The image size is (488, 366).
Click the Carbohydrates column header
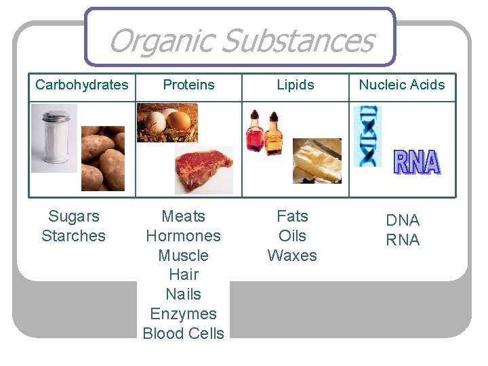(81, 85)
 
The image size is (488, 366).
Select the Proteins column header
(188, 85)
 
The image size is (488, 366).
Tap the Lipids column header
(296, 85)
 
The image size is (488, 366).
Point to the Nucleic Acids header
(402, 85)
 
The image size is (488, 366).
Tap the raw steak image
(203, 169)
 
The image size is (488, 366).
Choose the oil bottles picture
(265, 134)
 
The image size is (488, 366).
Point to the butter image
(317, 161)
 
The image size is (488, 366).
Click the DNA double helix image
(367, 136)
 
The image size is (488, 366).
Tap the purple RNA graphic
(417, 163)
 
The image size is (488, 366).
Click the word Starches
(73, 236)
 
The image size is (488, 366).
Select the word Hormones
(183, 236)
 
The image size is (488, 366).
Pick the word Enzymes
(183, 314)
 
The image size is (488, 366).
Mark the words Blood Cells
(183, 333)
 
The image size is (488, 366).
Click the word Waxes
(292, 256)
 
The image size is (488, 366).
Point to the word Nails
(183, 294)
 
